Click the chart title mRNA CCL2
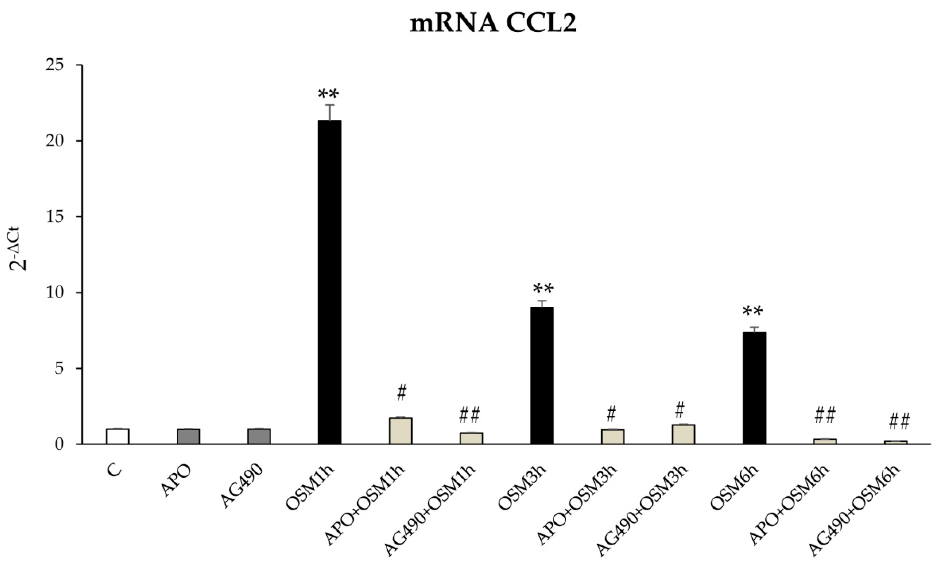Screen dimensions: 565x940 click(x=493, y=24)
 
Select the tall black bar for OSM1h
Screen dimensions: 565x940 click(x=330, y=282)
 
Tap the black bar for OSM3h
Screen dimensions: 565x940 click(x=542, y=375)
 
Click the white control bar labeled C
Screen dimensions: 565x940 click(x=117, y=436)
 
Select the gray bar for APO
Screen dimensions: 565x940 click(x=188, y=436)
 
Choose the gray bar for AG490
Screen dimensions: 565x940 click(x=259, y=436)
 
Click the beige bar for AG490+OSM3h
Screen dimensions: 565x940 click(x=683, y=434)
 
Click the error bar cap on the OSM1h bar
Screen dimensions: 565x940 click(x=330, y=105)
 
